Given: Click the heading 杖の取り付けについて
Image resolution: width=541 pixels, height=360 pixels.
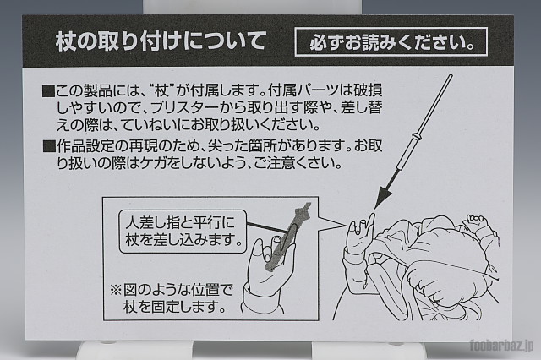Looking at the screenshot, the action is [x=161, y=41].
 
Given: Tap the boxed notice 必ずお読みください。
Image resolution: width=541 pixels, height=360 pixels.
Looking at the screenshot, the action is [x=391, y=41].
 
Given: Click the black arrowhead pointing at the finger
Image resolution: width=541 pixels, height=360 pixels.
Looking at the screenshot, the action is [x=383, y=197].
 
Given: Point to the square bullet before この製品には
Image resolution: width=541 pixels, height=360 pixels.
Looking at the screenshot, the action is [x=48, y=91].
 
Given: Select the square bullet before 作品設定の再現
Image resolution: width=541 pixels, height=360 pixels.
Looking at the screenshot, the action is [x=48, y=146].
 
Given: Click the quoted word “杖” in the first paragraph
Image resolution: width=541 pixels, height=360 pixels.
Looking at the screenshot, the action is [x=161, y=91].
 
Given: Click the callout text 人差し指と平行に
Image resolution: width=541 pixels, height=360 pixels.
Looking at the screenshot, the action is [x=180, y=222].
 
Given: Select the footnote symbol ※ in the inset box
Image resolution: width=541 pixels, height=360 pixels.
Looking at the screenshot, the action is [x=116, y=290].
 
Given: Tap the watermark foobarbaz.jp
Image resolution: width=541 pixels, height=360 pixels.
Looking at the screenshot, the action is [x=502, y=346].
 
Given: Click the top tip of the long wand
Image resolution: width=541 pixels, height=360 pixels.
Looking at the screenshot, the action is [x=451, y=75].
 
